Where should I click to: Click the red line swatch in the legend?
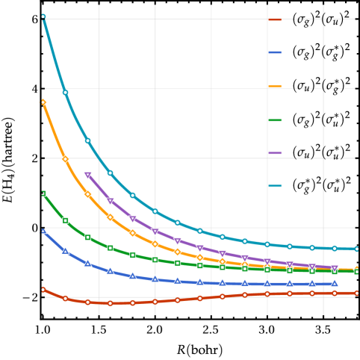click(275, 19)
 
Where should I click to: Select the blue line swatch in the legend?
click(275, 52)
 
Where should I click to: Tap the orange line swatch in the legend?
click(275, 86)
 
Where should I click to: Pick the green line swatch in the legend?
click(275, 120)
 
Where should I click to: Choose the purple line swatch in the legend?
click(275, 153)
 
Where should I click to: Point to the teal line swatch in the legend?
click(275, 186)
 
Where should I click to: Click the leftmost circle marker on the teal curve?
click(43, 16)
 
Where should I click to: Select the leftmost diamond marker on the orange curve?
click(43, 102)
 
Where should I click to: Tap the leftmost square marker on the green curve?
click(43, 193)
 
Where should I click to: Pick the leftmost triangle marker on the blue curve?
click(43, 230)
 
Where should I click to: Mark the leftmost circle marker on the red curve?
click(43, 289)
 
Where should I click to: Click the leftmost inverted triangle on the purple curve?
click(88, 176)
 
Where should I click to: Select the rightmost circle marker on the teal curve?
click(357, 249)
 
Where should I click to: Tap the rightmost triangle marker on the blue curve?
click(335, 283)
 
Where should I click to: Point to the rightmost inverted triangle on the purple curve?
click(335, 268)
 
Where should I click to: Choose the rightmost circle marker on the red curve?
click(357, 293)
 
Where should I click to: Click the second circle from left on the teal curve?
click(65, 92)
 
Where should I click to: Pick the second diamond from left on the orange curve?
click(65, 159)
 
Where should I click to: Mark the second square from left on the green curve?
click(65, 220)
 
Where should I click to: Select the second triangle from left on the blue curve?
click(65, 250)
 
